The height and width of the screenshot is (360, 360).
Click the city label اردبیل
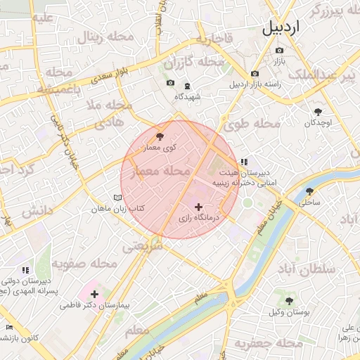pos(290,28)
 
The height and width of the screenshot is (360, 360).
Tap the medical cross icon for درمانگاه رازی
pos(199,207)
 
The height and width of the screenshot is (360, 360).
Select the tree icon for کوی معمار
pos(160,136)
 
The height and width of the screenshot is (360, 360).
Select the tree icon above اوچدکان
pos(319,111)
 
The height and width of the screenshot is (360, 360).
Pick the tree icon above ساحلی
pos(309,191)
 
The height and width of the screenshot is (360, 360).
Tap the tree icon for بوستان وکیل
pos(289,300)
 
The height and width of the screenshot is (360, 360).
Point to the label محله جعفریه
pos(262,343)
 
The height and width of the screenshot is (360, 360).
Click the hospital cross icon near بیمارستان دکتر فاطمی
pos(95,293)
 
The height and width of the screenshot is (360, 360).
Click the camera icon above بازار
pos(280,51)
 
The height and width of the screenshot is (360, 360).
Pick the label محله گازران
pos(199,63)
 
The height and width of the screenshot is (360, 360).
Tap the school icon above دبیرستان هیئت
pos(244,162)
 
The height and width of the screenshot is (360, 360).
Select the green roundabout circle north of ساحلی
pos(247,202)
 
